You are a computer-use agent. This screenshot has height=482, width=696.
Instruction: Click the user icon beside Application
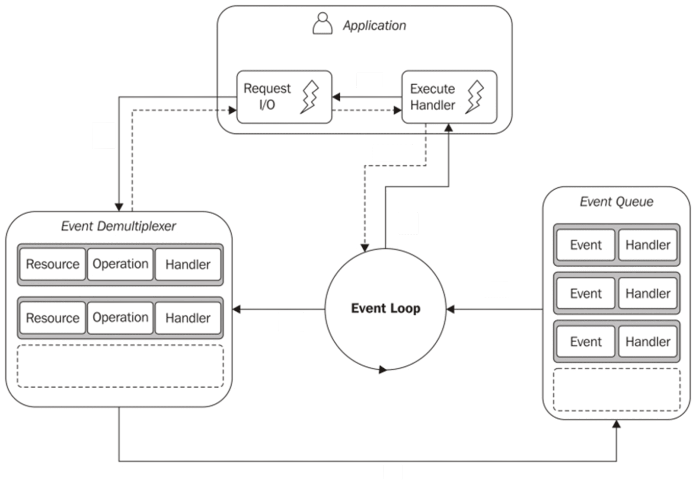pos(322,24)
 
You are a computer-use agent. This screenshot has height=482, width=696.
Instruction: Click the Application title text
pos(374,26)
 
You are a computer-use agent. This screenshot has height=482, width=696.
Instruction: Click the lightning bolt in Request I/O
pos(310,96)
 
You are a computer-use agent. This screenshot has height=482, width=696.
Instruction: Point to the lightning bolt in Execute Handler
pos(475,96)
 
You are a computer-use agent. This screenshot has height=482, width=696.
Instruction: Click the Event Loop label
pos(386,308)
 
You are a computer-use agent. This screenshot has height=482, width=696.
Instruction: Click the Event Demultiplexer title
pos(118,226)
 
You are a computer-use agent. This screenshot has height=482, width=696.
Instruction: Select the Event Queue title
pos(616,201)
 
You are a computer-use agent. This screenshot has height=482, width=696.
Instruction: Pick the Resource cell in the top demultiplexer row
pos(53,264)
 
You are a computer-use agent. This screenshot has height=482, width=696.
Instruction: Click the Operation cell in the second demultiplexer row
pos(120,317)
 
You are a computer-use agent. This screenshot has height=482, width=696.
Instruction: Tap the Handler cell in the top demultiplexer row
pos(188,264)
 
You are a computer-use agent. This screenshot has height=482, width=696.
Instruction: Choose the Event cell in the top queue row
pos(586,245)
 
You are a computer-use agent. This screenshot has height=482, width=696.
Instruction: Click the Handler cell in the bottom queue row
pos(648,341)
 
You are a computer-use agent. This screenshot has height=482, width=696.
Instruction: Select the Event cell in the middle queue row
pos(586,293)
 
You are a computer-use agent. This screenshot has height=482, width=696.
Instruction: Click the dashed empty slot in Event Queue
pos(616,390)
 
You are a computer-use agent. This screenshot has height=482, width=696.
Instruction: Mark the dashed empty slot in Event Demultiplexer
pos(120,366)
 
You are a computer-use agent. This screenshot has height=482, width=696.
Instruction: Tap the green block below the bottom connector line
pos(392,472)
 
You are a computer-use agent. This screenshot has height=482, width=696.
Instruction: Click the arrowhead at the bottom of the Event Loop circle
pos(383,370)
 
